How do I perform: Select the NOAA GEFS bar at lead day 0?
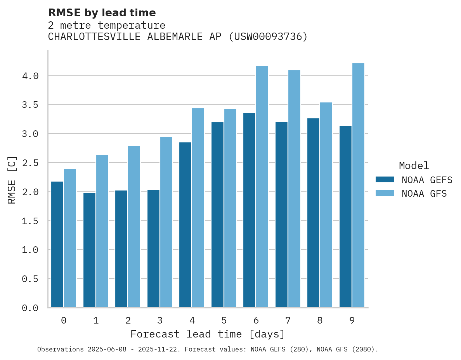click(57, 244)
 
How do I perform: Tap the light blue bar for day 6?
click(262, 187)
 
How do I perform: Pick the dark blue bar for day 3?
click(153, 249)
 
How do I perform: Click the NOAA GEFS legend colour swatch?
click(385, 180)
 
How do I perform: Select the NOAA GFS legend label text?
click(424, 194)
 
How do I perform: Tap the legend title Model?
click(414, 166)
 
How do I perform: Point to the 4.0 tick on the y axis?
click(30, 76)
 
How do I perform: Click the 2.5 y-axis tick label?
click(30, 163)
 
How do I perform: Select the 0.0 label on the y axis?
click(30, 308)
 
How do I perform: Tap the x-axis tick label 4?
click(192, 320)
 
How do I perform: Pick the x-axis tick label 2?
click(128, 320)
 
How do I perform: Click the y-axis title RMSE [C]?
click(12, 180)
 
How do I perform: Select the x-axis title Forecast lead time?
click(208, 334)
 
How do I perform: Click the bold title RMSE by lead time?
click(102, 13)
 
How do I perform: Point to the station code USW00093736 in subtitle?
click(268, 37)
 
